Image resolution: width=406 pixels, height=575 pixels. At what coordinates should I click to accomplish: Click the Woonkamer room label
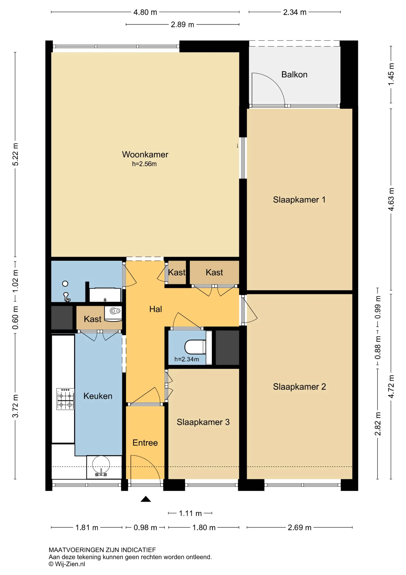(x=145, y=154)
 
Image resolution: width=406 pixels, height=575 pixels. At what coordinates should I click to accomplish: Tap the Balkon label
(x=294, y=74)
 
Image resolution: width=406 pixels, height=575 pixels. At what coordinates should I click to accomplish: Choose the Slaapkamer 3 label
(x=203, y=422)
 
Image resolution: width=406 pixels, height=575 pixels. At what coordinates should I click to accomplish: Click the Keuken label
(x=98, y=396)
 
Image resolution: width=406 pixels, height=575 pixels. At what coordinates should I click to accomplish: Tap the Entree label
(x=145, y=443)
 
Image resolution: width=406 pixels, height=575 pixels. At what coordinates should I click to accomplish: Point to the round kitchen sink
(x=101, y=465)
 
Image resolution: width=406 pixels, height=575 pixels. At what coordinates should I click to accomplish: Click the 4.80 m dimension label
(x=145, y=12)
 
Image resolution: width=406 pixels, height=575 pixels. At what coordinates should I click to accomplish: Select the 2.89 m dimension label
(x=182, y=25)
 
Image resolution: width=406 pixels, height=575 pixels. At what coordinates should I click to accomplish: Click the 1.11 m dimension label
(x=190, y=513)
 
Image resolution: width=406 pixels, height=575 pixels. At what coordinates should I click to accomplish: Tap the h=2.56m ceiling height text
(x=144, y=164)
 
